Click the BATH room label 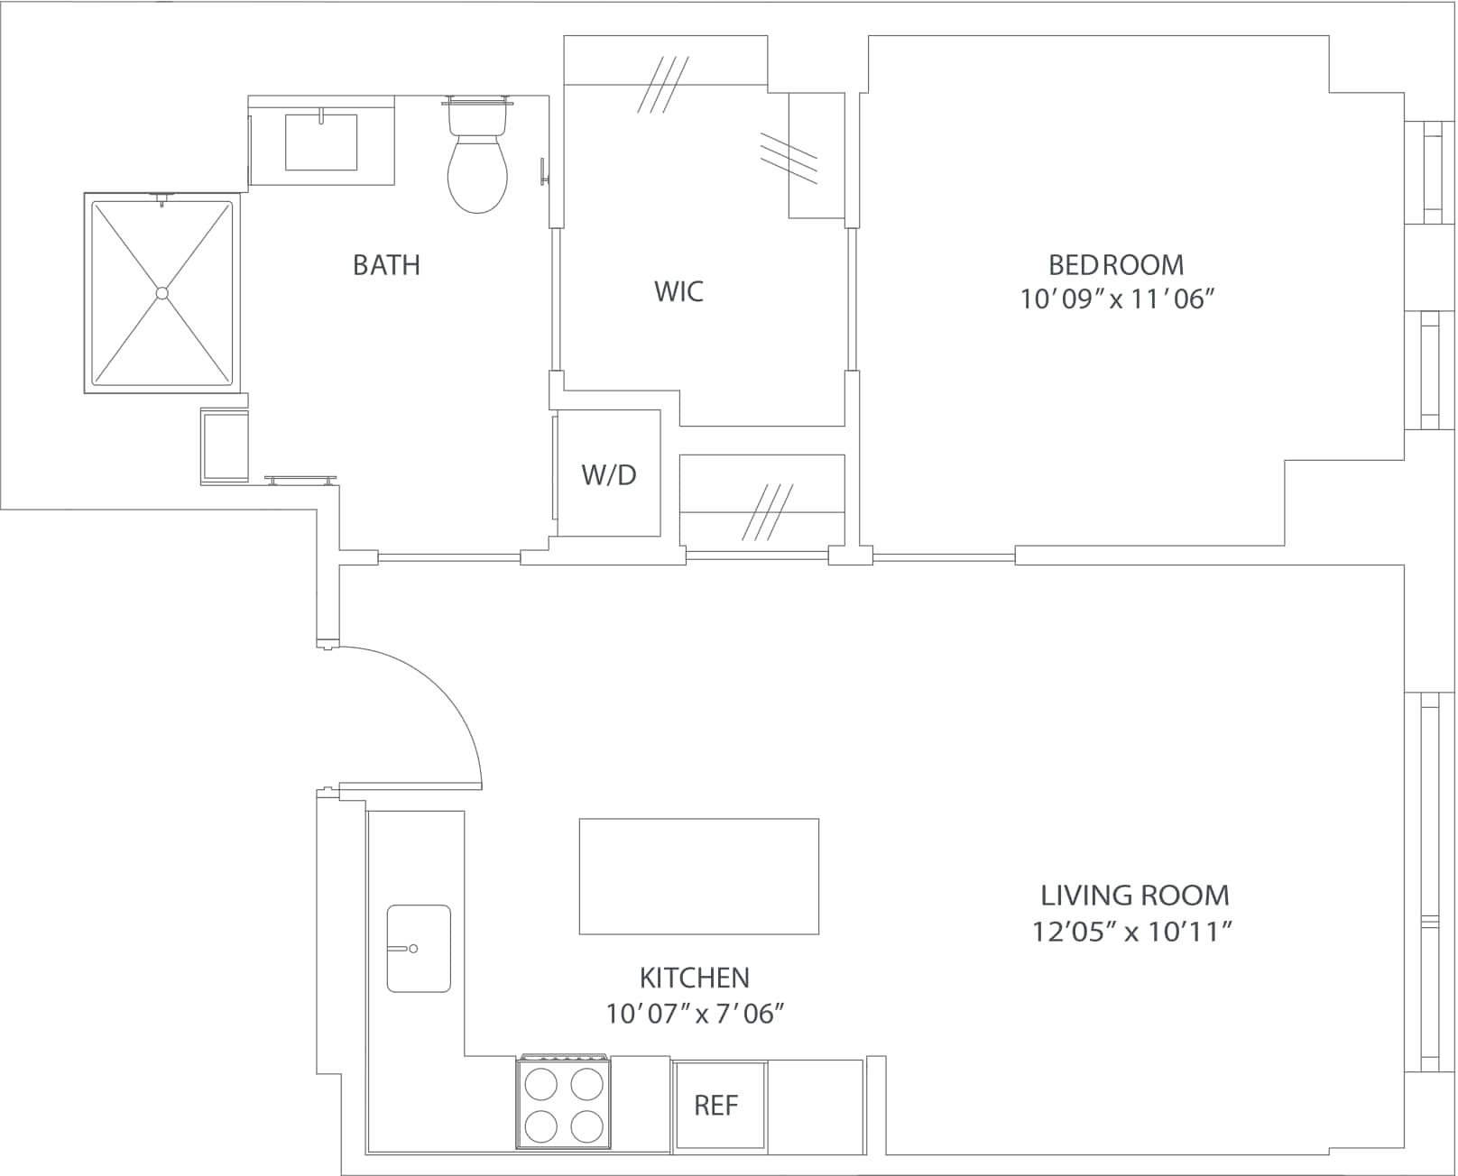386,265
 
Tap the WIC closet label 678,291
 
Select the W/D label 609,474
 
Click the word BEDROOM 1116,264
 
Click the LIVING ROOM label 1135,896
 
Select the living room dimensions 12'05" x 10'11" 1132,932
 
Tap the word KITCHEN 694,978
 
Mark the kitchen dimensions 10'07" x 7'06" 694,1014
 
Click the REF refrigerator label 716,1106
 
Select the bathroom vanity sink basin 321,142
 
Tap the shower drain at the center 161,293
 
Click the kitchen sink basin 419,949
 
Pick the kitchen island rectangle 698,876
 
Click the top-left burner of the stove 541,1084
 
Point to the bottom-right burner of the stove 587,1125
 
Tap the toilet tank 477,115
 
